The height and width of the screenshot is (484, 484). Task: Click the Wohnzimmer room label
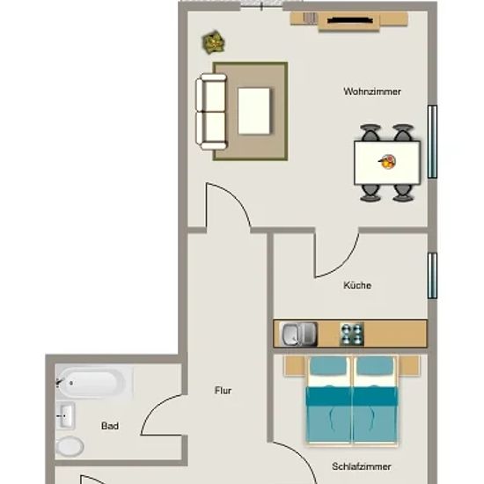click(x=372, y=92)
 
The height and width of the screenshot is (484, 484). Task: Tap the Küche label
click(x=357, y=285)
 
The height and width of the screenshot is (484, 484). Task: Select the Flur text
click(x=223, y=391)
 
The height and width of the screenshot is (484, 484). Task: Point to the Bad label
click(x=110, y=426)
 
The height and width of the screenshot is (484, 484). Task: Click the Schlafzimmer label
click(x=362, y=466)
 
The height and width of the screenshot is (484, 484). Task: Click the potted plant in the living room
click(x=213, y=42)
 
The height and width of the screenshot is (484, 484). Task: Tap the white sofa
click(x=211, y=112)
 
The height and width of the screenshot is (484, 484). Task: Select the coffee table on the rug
click(x=254, y=111)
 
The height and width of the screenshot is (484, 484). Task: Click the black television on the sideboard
click(x=349, y=21)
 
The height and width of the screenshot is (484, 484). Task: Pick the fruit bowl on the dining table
click(x=387, y=161)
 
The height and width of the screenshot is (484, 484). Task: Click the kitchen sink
click(x=298, y=334)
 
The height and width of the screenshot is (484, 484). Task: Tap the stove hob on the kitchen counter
click(x=352, y=334)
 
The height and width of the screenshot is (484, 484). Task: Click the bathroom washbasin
click(x=65, y=415)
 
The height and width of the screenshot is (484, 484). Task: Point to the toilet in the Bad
click(x=70, y=447)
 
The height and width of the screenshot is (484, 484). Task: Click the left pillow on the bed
click(x=328, y=366)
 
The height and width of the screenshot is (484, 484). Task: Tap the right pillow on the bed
click(x=375, y=366)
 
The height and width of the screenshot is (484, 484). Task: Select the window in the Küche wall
click(x=432, y=275)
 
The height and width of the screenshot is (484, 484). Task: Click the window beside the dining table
click(x=432, y=142)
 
